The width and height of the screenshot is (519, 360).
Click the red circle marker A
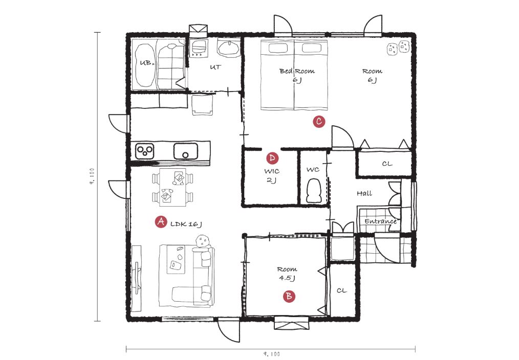[x=161, y=222]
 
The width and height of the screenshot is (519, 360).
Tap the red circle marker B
[x=289, y=296]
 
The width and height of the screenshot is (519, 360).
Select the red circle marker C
[x=319, y=121]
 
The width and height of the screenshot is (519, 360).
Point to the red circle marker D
[x=272, y=158]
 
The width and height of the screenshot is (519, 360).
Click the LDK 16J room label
[x=186, y=224]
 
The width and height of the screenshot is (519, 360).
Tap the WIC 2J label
[x=272, y=175]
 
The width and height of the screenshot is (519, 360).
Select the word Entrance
[x=381, y=221]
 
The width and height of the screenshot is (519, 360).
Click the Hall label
[x=364, y=193]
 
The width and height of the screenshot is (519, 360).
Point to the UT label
[x=215, y=67]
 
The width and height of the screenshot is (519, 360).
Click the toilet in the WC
[x=314, y=191]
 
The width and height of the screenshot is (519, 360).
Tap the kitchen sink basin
[x=186, y=151]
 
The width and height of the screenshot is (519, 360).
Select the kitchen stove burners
[x=145, y=151]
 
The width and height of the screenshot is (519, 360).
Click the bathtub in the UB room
[x=145, y=65]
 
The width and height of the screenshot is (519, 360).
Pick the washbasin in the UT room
[x=229, y=48]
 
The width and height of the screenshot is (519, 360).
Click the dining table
[x=172, y=187]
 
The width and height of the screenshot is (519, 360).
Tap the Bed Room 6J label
[x=297, y=75]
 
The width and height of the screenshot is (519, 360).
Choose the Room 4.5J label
[x=287, y=274]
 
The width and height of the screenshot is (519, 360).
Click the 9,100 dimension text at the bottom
[x=272, y=354]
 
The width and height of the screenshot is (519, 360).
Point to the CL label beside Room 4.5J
[x=342, y=290]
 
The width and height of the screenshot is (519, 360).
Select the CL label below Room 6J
[x=387, y=164]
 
